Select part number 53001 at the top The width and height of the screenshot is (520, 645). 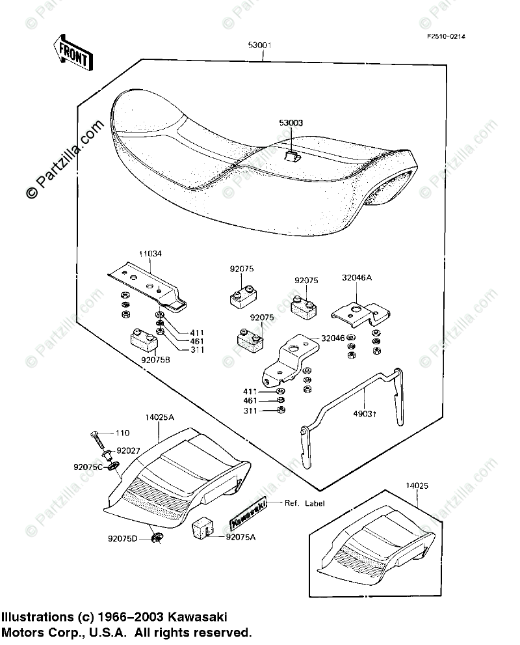tap(259, 46)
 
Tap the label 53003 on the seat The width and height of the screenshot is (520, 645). tap(291, 122)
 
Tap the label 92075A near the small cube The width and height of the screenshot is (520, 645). tap(241, 537)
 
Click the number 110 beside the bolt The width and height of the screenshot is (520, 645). tap(123, 433)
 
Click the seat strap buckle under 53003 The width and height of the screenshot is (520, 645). tap(292, 156)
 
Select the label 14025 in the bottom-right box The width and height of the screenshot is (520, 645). tap(417, 486)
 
